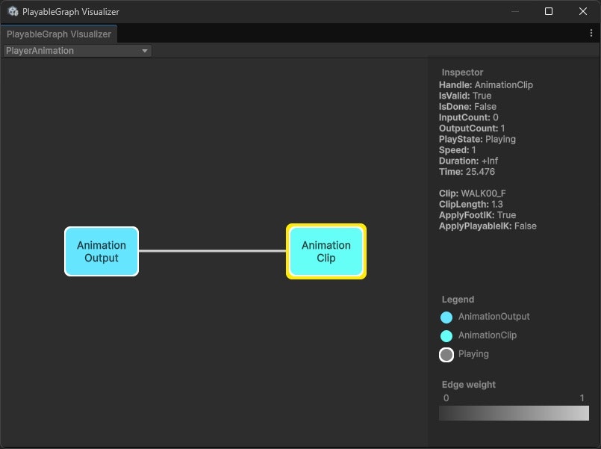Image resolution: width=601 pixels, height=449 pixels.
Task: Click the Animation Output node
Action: [102, 251]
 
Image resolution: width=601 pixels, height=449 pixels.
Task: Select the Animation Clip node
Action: [326, 251]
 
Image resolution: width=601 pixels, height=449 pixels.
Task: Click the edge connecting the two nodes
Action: [213, 251]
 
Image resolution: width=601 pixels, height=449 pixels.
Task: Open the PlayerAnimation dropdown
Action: [77, 51]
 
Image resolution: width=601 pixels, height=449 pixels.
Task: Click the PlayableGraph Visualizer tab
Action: [59, 34]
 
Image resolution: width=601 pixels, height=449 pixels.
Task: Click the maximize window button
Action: [549, 11]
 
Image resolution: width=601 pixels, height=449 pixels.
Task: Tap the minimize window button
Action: [514, 11]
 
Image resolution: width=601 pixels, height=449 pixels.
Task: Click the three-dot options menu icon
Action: [591, 34]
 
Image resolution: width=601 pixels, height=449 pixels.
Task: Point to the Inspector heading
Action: [462, 72]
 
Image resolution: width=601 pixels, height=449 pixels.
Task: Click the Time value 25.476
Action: [479, 172]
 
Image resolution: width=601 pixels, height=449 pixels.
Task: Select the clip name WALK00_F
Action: [483, 193]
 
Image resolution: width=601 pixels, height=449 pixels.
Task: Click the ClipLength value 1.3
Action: [497, 204]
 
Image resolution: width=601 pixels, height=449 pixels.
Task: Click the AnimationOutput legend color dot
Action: [446, 318]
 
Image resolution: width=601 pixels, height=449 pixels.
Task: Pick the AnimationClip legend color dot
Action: [446, 336]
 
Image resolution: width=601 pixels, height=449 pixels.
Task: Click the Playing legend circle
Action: [446, 355]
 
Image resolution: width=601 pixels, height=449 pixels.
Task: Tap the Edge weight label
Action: [469, 385]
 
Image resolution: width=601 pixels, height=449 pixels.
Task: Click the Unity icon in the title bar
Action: [13, 12]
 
